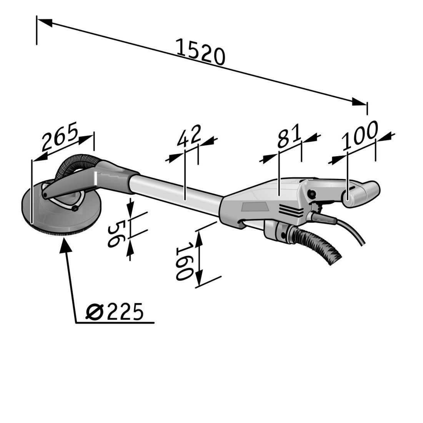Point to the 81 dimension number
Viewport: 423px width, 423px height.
pyautogui.click(x=289, y=136)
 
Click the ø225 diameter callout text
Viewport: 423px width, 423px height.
pyautogui.click(x=114, y=312)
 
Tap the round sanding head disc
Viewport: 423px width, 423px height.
pyautogui.click(x=61, y=208)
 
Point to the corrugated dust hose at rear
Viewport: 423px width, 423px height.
pyautogui.click(x=317, y=245)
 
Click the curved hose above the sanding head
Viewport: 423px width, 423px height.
pyautogui.click(x=77, y=165)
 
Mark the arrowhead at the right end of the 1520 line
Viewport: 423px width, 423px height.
pyautogui.click(x=359, y=103)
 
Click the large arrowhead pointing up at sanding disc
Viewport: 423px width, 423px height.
pyautogui.click(x=65, y=245)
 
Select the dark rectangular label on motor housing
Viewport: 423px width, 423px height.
pyautogui.click(x=255, y=207)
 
